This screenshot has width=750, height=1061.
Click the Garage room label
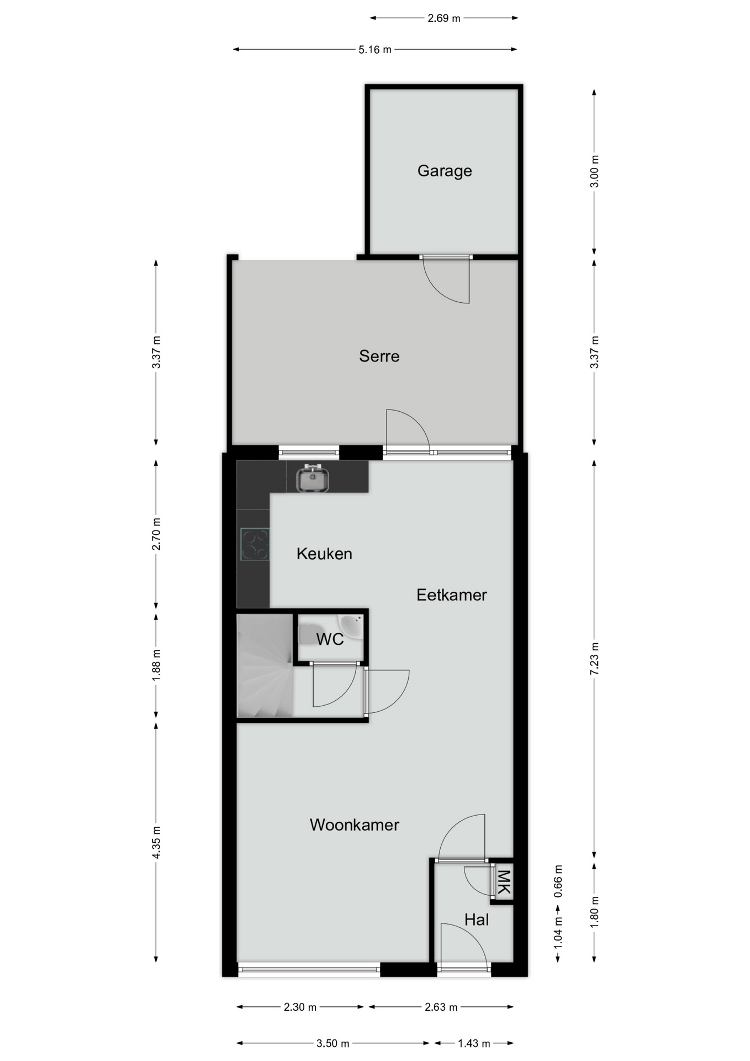pyautogui.click(x=445, y=171)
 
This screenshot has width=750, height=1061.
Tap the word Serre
pyautogui.click(x=379, y=356)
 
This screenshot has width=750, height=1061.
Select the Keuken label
pyautogui.click(x=324, y=554)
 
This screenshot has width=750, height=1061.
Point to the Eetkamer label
pyautogui.click(x=452, y=595)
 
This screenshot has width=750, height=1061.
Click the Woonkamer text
pyautogui.click(x=354, y=825)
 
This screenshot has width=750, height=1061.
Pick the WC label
pyautogui.click(x=330, y=639)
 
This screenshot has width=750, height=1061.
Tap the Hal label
pyautogui.click(x=477, y=920)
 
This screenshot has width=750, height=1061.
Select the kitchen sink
pyautogui.click(x=313, y=478)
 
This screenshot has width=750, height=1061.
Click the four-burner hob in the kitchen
pyautogui.click(x=255, y=545)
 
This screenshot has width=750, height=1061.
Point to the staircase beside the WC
pyautogui.click(x=265, y=665)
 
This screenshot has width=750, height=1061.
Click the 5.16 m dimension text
pyautogui.click(x=375, y=50)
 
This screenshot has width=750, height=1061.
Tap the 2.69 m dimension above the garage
pyautogui.click(x=444, y=18)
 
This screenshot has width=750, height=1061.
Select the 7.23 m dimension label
pyautogui.click(x=594, y=658)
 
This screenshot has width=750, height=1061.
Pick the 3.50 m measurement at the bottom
pyautogui.click(x=333, y=1044)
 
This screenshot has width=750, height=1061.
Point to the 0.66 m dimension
pyautogui.click(x=558, y=881)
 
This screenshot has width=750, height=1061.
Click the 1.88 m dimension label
pyautogui.click(x=156, y=665)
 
